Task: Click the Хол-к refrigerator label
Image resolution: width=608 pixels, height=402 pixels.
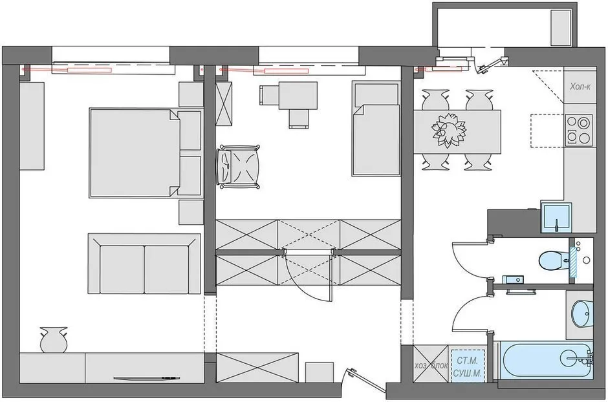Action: click(580, 87)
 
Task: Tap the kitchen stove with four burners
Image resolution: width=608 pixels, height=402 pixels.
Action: click(578, 129)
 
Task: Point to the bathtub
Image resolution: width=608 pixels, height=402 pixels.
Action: click(543, 360)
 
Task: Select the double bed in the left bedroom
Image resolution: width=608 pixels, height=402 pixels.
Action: click(135, 153)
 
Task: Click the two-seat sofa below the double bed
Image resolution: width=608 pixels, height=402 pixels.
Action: click(144, 263)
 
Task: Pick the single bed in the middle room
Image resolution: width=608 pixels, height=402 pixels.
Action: click(375, 129)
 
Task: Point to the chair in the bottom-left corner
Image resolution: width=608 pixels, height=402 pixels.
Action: click(52, 339)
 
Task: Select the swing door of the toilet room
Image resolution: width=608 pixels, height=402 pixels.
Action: click(467, 259)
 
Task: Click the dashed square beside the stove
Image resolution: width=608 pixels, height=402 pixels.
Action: click(546, 131)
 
